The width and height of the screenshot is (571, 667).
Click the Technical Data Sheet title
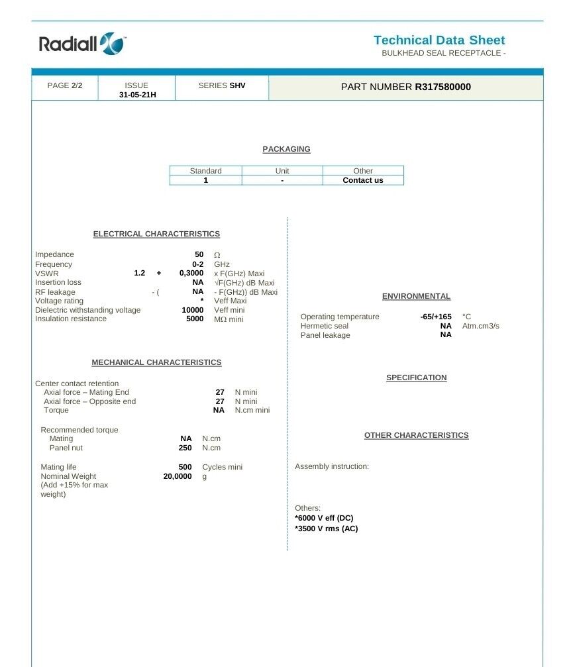tap(439, 40)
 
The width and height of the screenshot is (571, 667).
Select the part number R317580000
tap(442, 87)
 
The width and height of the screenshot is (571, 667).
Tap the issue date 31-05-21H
tap(137, 95)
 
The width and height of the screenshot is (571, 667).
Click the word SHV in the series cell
tap(237, 85)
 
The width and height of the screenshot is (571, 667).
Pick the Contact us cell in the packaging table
tap(362, 180)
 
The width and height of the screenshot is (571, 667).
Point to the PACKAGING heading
tap(286, 149)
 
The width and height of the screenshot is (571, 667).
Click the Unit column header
tap(282, 171)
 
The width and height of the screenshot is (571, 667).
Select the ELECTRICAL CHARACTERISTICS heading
tap(156, 234)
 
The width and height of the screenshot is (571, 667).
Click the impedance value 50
tap(199, 254)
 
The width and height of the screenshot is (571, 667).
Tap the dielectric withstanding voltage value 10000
tap(192, 310)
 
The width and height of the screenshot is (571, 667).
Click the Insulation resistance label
tap(71, 319)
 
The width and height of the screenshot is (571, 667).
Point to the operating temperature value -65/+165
tap(436, 317)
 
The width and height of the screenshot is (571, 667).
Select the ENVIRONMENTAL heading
tap(416, 296)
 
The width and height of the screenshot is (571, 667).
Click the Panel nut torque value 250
tap(185, 448)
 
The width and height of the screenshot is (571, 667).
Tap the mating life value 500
tap(185, 467)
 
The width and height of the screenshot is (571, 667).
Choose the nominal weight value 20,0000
tap(178, 476)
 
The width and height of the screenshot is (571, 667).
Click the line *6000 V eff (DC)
tap(324, 518)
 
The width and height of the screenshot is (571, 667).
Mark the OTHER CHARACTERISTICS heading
tap(416, 435)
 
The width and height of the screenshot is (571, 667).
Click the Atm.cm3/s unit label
tap(480, 326)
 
